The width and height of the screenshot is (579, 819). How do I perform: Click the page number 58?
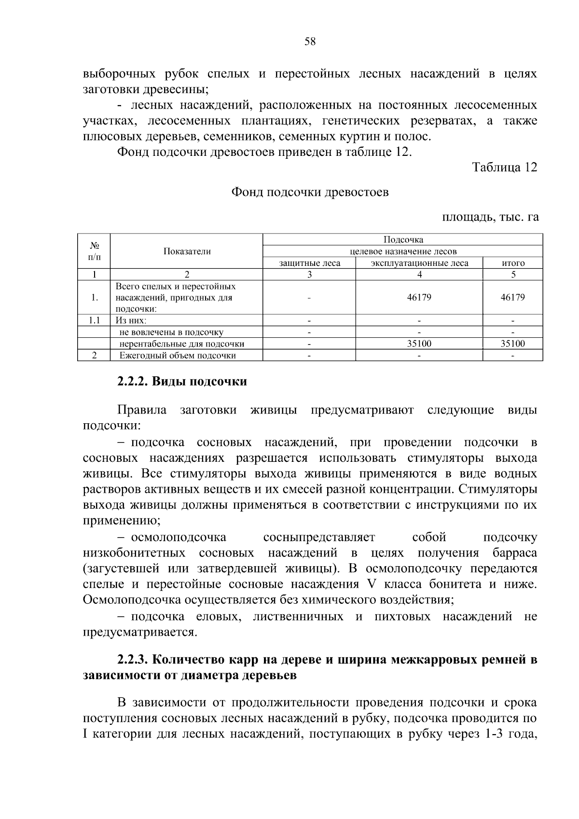point(310,42)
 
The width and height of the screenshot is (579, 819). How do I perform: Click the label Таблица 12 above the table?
point(504,167)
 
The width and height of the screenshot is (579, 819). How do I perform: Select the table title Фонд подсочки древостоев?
point(310,193)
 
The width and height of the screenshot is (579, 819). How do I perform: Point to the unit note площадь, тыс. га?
point(490,217)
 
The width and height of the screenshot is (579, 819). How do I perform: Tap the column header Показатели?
point(187,251)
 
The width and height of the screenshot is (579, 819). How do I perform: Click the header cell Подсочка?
point(403,240)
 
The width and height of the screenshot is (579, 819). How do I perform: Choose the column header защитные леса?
point(309,264)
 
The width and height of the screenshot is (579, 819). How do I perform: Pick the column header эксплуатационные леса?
point(419,264)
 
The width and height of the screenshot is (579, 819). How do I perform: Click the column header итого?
point(513,264)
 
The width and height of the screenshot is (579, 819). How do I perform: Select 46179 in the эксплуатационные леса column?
point(419,298)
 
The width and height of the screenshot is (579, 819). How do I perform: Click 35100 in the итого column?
point(512,344)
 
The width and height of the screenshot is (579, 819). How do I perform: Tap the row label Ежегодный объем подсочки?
point(178,356)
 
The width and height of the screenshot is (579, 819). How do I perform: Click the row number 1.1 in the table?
point(94,320)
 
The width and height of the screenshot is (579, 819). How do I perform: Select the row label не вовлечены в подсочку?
point(171,333)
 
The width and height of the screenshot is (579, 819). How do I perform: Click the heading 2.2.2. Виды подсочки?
point(182,382)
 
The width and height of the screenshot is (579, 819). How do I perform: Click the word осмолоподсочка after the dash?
point(179,538)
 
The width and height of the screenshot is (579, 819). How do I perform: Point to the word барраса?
point(515,553)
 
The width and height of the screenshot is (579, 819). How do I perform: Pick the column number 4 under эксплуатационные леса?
point(419,275)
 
